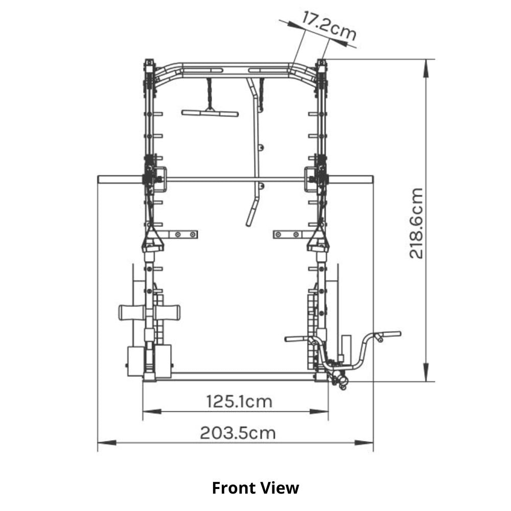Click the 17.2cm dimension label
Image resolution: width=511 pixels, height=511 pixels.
click(x=328, y=26)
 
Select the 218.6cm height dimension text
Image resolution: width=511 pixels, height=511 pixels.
click(x=416, y=223)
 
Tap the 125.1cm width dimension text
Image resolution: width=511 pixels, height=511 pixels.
click(x=239, y=402)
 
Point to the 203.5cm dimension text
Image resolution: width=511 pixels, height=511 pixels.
click(x=238, y=433)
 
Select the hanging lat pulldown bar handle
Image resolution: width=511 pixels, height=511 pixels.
click(x=210, y=113)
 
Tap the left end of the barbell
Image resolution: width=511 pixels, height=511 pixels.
click(x=99, y=179)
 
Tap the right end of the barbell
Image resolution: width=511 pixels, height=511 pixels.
click(x=373, y=179)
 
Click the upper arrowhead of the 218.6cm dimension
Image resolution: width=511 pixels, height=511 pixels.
click(x=426, y=68)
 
